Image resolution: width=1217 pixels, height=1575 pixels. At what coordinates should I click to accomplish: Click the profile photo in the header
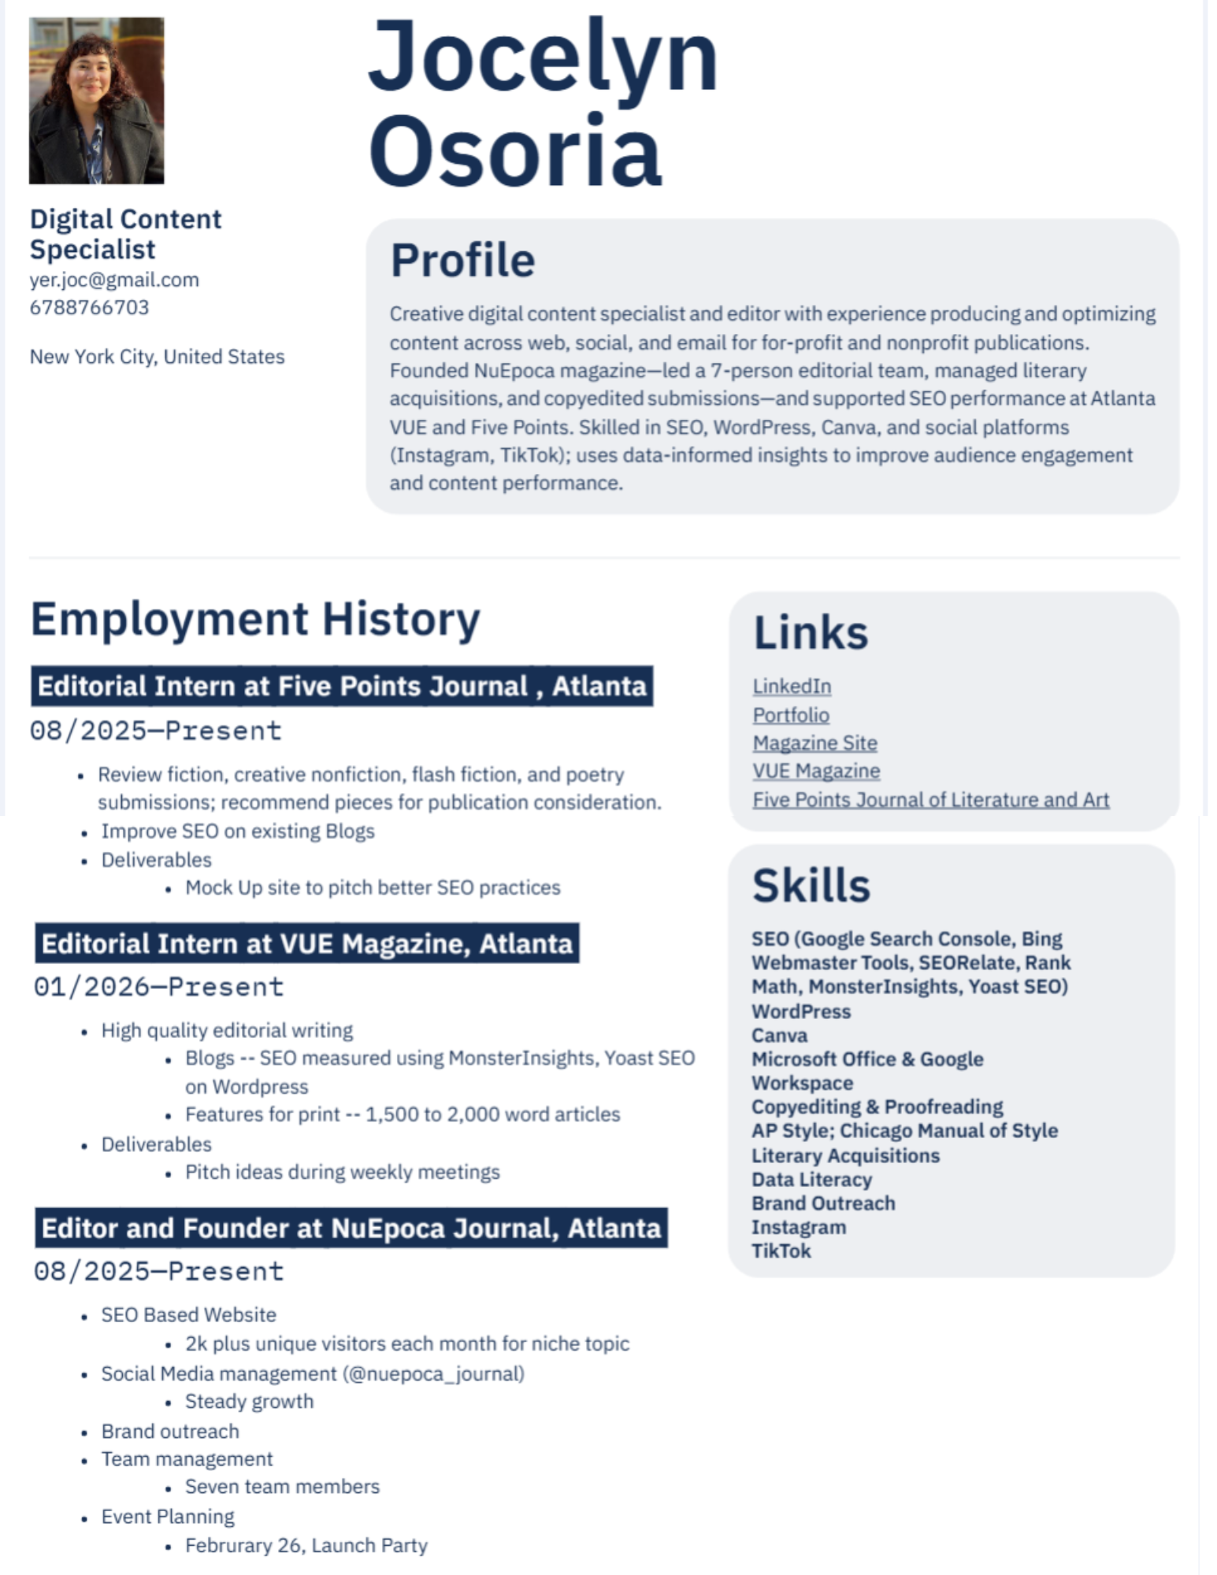[96, 101]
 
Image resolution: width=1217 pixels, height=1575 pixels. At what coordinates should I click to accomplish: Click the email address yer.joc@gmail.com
[114, 280]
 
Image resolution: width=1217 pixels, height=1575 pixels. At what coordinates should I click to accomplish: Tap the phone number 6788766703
[89, 307]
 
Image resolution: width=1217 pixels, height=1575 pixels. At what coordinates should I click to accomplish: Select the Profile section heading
[462, 261]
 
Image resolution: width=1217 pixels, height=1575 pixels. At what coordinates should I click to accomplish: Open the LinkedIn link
[792, 686]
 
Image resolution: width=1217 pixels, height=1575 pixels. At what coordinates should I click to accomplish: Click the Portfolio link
[791, 715]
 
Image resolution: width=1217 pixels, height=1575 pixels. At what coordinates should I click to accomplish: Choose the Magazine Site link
[814, 743]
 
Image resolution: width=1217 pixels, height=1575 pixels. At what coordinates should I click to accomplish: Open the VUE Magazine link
[816, 771]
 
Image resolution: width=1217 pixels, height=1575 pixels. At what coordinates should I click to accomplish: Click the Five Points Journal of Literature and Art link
[930, 799]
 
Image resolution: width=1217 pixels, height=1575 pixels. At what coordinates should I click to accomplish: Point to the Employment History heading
[255, 619]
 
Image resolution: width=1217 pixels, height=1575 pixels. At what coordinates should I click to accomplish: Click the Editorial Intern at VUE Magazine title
[307, 943]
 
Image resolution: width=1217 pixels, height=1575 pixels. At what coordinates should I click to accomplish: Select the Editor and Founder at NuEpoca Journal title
[351, 1228]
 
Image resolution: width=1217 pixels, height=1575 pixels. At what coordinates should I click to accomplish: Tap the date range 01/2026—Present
[158, 987]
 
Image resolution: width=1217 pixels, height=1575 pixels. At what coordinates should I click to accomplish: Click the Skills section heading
[811, 885]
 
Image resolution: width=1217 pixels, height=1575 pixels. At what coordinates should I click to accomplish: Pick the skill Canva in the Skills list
[779, 1035]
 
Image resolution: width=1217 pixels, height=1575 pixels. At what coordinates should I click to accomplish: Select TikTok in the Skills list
[781, 1251]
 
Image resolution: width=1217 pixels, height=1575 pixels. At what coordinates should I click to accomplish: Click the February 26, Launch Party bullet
[306, 1545]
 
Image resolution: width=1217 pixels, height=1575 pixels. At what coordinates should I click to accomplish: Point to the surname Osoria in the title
[515, 151]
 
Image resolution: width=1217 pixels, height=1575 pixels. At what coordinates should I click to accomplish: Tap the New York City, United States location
[157, 357]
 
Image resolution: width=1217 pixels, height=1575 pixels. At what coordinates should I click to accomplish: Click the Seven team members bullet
[282, 1486]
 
